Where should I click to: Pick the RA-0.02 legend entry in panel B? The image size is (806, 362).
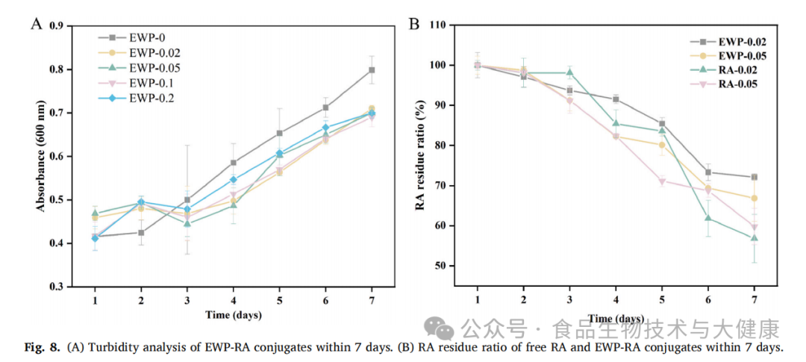(739, 69)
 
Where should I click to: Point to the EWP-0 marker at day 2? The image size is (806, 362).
(140, 232)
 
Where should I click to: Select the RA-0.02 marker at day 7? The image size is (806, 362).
(755, 238)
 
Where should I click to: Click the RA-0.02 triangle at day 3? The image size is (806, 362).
(569, 72)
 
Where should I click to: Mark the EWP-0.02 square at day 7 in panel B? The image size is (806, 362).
(755, 177)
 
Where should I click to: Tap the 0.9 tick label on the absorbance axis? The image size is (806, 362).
(56, 26)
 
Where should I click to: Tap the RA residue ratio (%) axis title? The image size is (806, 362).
(421, 146)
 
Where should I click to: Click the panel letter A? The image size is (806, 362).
(35, 24)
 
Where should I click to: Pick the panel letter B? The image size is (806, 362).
(415, 24)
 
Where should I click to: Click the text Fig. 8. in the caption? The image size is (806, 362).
(43, 348)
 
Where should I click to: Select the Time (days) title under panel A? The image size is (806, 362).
(234, 315)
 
